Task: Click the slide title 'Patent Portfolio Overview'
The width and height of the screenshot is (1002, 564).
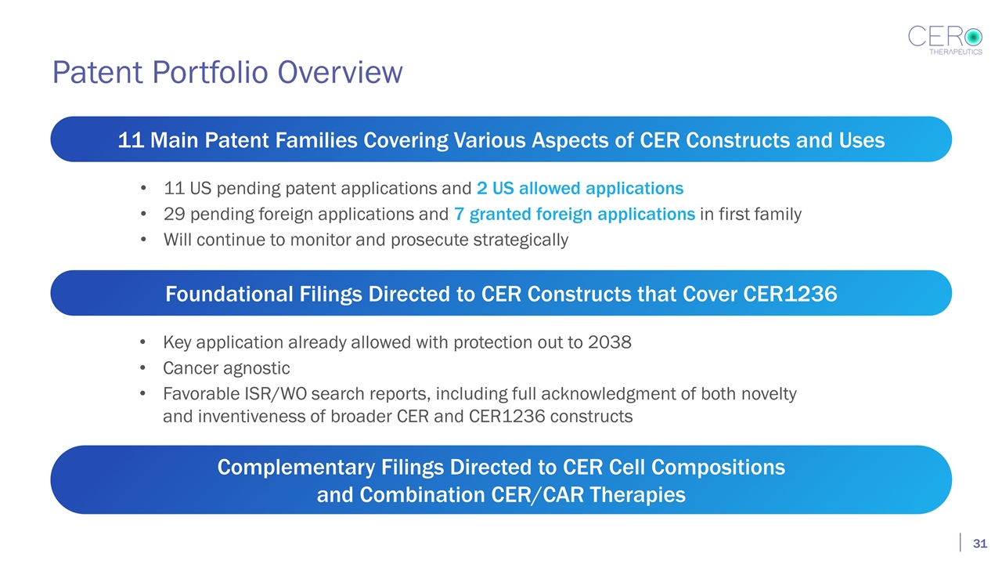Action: (227, 72)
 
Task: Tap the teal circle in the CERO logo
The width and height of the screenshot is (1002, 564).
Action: (973, 36)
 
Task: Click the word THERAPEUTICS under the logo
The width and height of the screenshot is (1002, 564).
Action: (955, 52)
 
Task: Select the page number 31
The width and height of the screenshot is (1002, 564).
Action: (979, 544)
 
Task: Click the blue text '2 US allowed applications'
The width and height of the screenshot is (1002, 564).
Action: (579, 189)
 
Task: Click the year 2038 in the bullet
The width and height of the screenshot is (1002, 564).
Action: (609, 343)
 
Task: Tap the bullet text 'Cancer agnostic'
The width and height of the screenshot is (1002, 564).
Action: (226, 368)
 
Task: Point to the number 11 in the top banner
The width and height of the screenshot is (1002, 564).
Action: (131, 141)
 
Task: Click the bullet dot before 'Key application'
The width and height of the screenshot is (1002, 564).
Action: (141, 344)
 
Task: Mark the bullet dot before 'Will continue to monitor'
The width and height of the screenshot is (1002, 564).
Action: (141, 240)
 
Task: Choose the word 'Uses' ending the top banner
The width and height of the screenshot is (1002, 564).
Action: (860, 141)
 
